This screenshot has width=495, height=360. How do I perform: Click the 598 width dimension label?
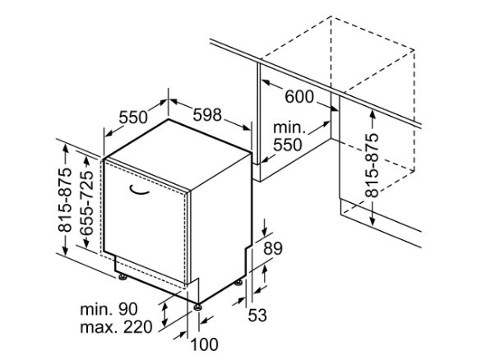(207, 115)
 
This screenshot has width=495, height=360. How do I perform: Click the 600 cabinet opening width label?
(299, 96)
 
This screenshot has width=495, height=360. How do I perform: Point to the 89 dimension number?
(273, 248)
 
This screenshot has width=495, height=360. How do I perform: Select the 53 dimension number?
(257, 315)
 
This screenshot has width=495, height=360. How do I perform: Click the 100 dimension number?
(205, 344)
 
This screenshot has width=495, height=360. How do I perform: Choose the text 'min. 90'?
(109, 309)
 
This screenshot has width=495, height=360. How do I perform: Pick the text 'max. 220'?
(116, 327)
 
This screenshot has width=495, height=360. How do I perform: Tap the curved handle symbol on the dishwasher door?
(139, 189)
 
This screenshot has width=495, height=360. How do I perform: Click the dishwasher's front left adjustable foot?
(123, 277)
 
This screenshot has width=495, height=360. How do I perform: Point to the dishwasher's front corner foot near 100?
(197, 307)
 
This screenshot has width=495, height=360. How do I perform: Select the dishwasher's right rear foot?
(238, 283)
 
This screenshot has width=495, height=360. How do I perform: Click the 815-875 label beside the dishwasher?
(65, 200)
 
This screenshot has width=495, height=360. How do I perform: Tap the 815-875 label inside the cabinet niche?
(372, 165)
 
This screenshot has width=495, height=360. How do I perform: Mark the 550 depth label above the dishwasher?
(133, 118)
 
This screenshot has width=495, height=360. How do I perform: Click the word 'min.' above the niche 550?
(289, 127)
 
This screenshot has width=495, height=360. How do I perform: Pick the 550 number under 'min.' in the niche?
(288, 145)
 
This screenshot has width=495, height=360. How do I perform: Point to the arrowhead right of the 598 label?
(246, 127)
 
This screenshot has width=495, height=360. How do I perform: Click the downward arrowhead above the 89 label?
(265, 233)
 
